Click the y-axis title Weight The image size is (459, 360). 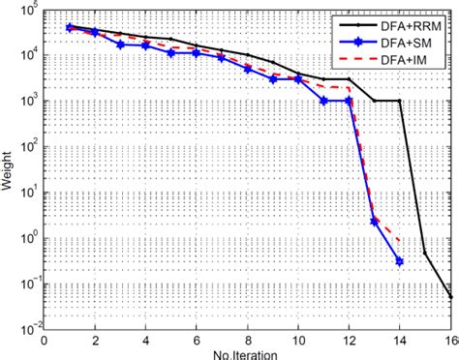pyautogui.click(x=8, y=168)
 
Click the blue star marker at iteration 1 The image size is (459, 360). pyautogui.click(x=69, y=28)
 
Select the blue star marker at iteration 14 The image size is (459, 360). pyautogui.click(x=400, y=260)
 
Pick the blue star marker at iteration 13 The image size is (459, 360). pyautogui.click(x=374, y=221)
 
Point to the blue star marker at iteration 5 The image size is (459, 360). pyautogui.click(x=170, y=52)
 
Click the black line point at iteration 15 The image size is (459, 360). pyautogui.click(x=425, y=254)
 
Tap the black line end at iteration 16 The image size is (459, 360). pyautogui.click(x=450, y=297)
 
